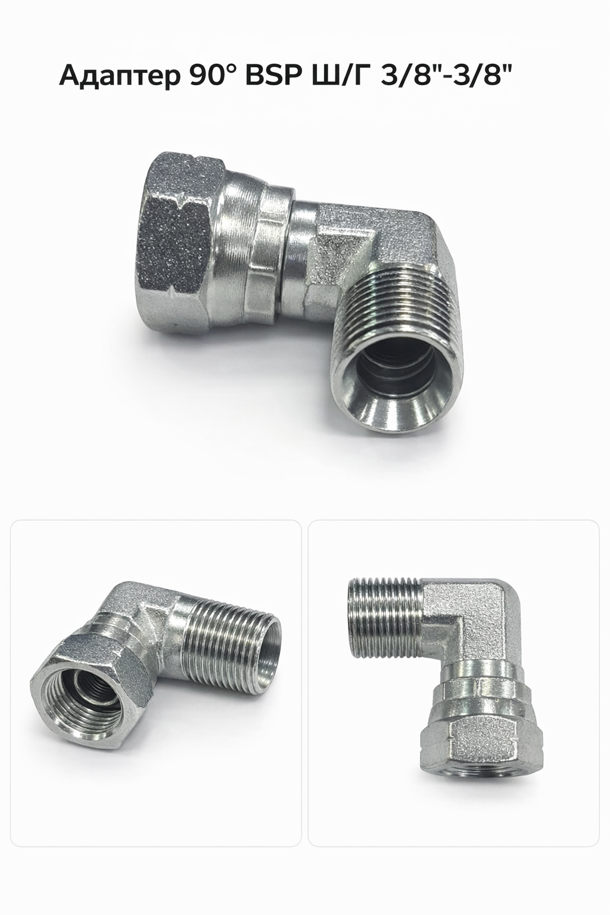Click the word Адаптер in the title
(x=120, y=77)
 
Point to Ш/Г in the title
(x=335, y=76)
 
